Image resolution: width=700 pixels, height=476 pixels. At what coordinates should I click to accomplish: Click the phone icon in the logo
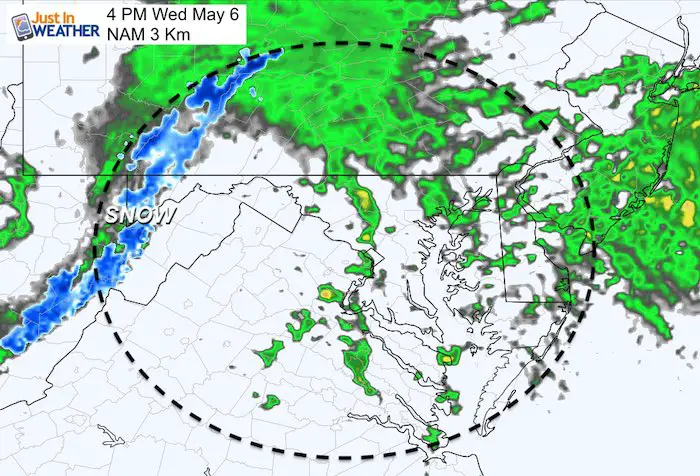click(13, 21)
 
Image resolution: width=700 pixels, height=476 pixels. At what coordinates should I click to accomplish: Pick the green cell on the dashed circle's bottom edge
click(432, 436)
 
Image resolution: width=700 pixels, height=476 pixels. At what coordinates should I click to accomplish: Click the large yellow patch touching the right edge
click(688, 211)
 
